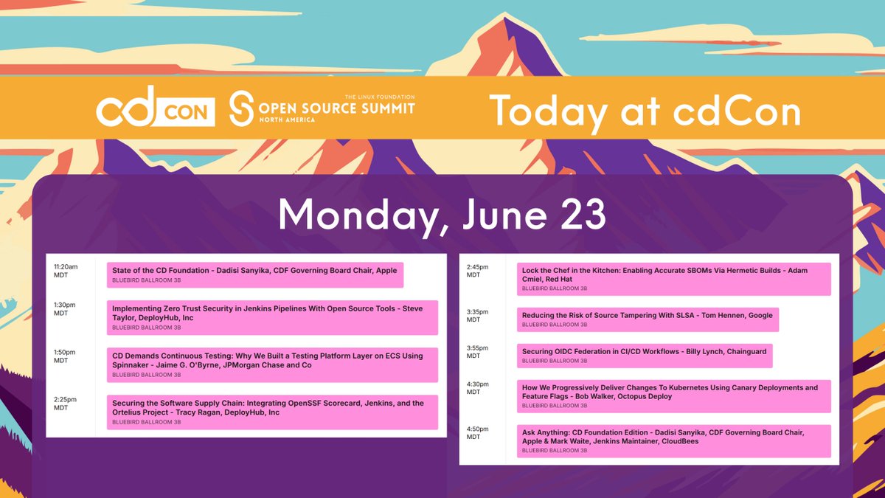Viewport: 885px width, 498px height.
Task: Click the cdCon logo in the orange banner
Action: (x=156, y=109)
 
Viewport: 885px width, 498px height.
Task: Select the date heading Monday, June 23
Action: (x=442, y=215)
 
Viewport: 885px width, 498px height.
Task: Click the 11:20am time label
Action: (x=66, y=271)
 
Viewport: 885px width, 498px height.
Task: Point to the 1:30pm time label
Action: (x=64, y=309)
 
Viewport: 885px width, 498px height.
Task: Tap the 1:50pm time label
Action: (x=64, y=356)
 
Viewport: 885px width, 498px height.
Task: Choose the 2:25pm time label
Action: (x=64, y=404)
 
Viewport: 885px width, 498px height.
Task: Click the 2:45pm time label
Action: (x=478, y=271)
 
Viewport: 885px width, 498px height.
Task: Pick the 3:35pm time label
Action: (x=478, y=316)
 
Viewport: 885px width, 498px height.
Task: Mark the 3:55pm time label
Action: (x=478, y=352)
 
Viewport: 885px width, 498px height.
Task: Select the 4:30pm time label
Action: (x=478, y=388)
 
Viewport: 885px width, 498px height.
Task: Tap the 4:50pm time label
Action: (x=478, y=432)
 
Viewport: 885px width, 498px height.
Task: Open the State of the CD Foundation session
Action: (x=255, y=274)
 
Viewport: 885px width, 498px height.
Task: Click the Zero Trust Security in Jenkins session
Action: (x=272, y=317)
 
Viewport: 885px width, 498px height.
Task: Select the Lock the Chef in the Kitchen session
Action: (x=673, y=279)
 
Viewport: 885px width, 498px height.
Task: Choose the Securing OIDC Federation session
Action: (x=644, y=356)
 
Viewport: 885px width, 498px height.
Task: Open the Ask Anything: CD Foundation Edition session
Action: (x=673, y=440)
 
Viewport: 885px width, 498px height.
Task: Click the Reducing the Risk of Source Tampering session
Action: (x=647, y=319)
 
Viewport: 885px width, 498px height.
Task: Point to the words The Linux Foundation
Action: (x=380, y=97)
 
